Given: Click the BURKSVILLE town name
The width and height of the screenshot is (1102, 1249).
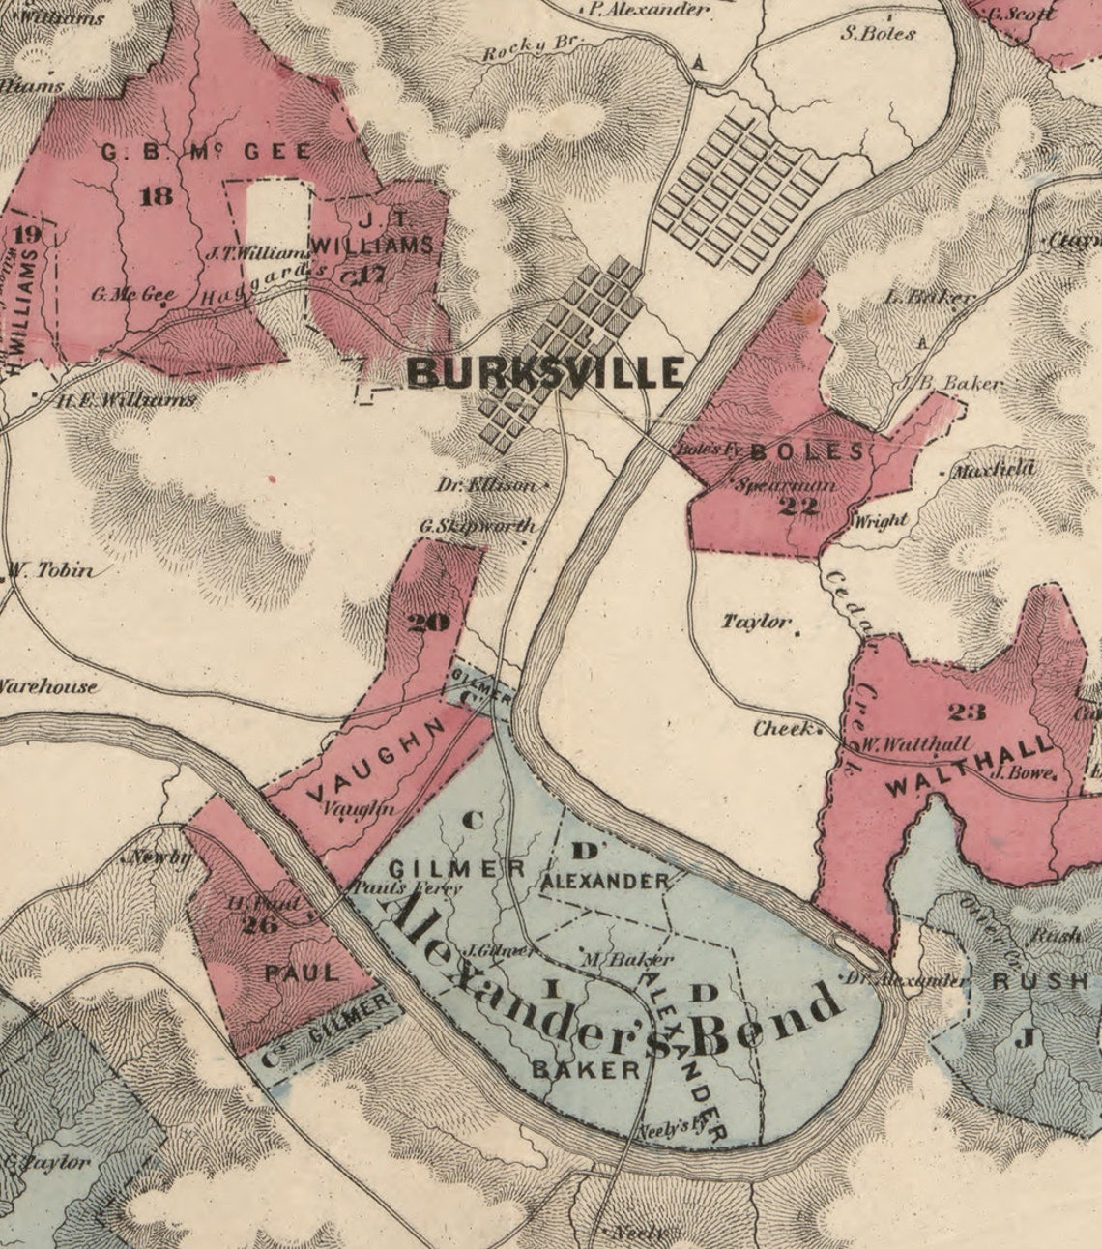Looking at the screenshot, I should click(546, 372).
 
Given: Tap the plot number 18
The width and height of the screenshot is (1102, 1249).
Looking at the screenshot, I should click(157, 196).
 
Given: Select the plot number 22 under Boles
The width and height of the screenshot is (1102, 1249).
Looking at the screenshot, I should click(797, 505).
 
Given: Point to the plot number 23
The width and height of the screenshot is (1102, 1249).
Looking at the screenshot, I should click(967, 712).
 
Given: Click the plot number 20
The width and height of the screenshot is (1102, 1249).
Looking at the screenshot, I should click(429, 623).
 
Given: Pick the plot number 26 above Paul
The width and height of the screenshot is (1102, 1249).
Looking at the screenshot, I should click(259, 925).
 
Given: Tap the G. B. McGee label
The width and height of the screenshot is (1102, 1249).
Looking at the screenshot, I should click(207, 152).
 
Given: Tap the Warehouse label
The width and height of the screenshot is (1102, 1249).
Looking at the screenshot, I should click(48, 686).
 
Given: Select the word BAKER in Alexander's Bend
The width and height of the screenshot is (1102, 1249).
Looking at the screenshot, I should click(586, 1068).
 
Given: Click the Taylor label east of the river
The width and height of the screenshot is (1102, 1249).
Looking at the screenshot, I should click(755, 622).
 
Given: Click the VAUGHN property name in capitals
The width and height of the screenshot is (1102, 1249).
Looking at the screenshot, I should click(381, 760).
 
